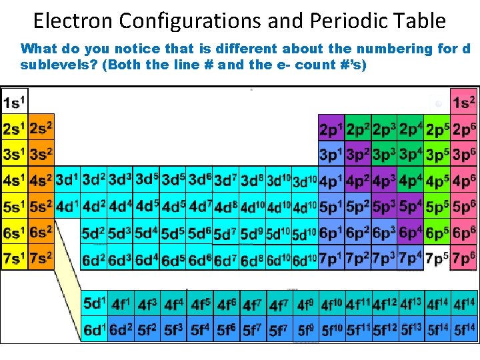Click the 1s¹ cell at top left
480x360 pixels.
pyautogui.click(x=14, y=102)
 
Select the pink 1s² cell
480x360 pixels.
pyautogui.click(x=463, y=102)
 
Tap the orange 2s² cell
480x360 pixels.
pyautogui.click(x=41, y=128)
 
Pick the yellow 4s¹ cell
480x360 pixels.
pyautogui.click(x=14, y=180)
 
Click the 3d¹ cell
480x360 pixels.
pyautogui.click(x=67, y=180)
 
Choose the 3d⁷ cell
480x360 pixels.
pyautogui.click(x=225, y=180)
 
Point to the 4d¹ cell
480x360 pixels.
pyautogui.click(x=67, y=206)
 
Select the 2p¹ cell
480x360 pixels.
pyautogui.click(x=331, y=128)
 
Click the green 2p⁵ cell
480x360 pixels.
pyautogui.click(x=437, y=128)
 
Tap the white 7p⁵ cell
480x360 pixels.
pyautogui.click(x=437, y=258)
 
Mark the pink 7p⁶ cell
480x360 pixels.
pyautogui.click(x=463, y=258)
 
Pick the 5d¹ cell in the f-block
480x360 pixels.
pyautogui.click(x=94, y=303)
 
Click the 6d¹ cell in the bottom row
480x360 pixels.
pyautogui.click(x=94, y=329)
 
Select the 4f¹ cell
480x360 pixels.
pyautogui.click(x=120, y=304)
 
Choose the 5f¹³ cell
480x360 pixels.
pyautogui.click(x=411, y=329)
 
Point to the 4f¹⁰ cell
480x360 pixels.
pyautogui.click(x=332, y=304)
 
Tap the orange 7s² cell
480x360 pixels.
pyautogui.click(x=41, y=258)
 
